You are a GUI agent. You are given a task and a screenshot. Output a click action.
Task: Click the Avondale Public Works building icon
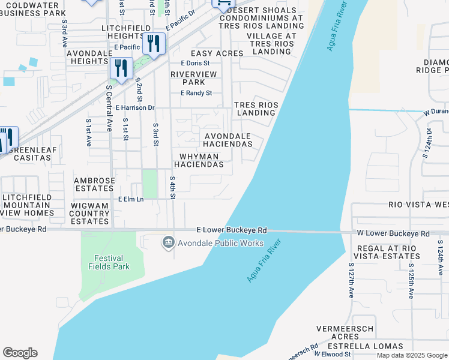click(x=168, y=243)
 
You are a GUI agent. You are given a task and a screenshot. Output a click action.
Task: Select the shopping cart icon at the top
click(x=222, y=4)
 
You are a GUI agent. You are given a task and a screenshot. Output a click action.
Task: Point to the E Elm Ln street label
click(x=131, y=199)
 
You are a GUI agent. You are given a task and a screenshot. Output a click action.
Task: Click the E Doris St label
click(x=195, y=63)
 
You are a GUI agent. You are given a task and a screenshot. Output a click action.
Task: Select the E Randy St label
click(x=196, y=93)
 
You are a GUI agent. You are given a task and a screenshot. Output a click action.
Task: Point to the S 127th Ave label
click(x=351, y=280)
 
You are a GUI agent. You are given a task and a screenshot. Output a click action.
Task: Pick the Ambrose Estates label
click(x=94, y=184)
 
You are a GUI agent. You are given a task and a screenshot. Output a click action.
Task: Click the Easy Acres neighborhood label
click(x=217, y=53)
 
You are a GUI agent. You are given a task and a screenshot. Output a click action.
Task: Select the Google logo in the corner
click(x=20, y=353)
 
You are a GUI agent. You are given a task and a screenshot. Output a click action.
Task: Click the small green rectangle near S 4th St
click(x=149, y=184)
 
